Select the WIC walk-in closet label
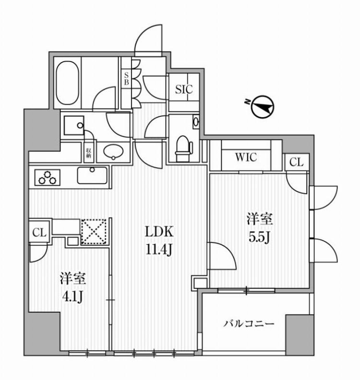pos(246,157)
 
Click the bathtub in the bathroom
pos(67,85)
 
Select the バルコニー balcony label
pos(249,323)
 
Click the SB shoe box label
pos(126,78)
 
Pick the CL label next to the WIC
pos(296,162)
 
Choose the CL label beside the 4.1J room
pos(39,233)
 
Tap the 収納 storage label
pos(89,153)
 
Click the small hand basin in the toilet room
pos(195,123)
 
